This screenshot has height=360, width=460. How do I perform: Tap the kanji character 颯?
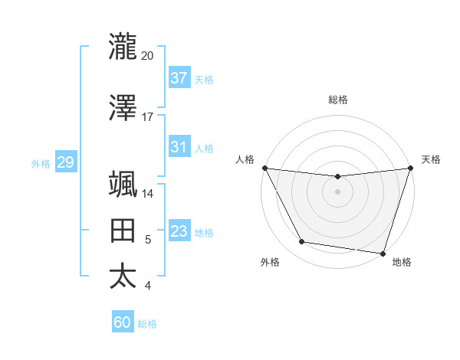click(123, 184)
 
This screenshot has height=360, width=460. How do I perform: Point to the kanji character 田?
click(123, 231)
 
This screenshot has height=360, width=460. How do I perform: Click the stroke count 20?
click(148, 56)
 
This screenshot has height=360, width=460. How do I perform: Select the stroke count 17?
click(148, 118)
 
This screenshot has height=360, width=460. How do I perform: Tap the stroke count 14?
click(148, 194)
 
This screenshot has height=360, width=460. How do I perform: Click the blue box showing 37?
click(179, 78)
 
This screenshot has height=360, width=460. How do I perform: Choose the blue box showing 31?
click(179, 147)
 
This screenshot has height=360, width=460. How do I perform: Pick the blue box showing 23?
click(179, 231)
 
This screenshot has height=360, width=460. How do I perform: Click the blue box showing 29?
click(65, 162)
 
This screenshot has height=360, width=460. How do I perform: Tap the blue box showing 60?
click(123, 322)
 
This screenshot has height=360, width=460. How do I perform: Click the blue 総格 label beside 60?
click(147, 324)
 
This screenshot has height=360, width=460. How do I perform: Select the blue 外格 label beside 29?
click(41, 163)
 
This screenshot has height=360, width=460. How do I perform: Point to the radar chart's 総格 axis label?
click(337, 100)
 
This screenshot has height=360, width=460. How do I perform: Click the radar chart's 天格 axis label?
click(431, 159)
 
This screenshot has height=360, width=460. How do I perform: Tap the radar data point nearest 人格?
click(265, 168)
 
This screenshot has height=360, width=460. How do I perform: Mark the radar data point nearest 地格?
click(383, 253)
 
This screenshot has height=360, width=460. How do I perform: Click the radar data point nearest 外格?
click(302, 242)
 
